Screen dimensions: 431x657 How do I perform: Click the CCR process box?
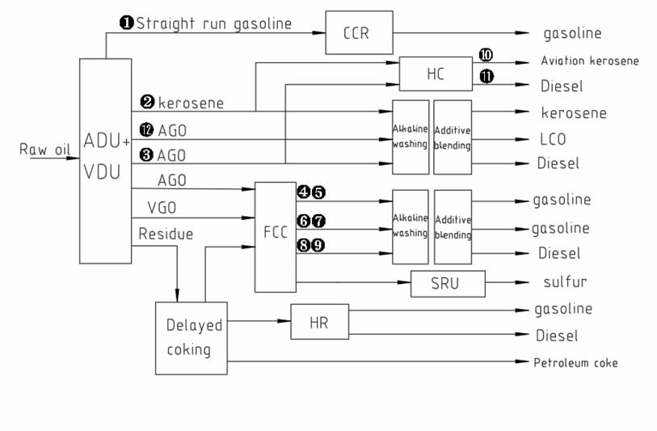(359, 32)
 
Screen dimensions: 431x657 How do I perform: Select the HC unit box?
(436, 74)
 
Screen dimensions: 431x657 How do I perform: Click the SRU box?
(448, 283)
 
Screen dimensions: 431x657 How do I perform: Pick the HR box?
(319, 323)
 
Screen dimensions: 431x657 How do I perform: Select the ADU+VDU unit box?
(106, 160)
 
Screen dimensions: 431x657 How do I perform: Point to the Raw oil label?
(44, 149)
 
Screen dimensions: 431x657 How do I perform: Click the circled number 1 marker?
(126, 23)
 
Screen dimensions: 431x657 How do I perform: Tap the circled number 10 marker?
(486, 55)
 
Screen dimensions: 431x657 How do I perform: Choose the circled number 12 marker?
(146, 129)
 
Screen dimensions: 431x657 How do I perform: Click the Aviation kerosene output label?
(591, 61)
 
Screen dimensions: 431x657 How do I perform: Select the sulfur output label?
(565, 282)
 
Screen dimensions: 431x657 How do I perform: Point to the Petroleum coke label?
(575, 362)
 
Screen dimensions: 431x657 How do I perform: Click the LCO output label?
(553, 139)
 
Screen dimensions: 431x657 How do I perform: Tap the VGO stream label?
(162, 208)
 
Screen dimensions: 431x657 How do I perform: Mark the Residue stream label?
(166, 234)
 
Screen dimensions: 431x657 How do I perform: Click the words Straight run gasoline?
(213, 23)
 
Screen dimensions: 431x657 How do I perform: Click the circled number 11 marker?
(486, 77)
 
